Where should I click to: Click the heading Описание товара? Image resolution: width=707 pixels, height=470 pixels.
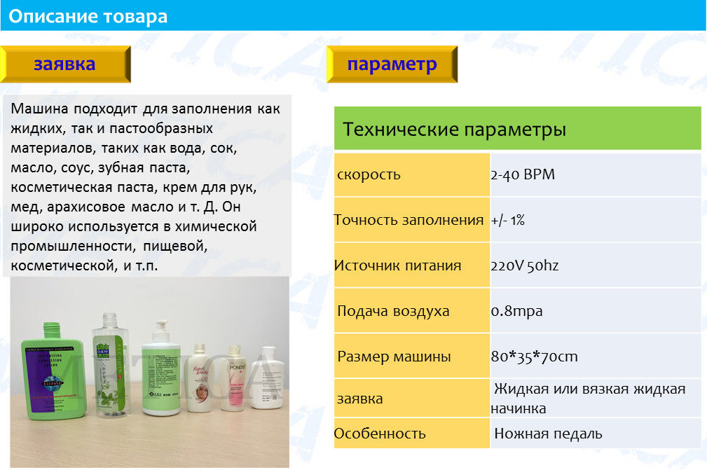tap(88, 16)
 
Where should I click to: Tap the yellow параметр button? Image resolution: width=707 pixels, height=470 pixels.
tap(392, 64)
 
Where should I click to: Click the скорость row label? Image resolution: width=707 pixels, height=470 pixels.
tap(369, 175)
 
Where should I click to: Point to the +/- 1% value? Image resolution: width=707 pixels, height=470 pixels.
tap(508, 221)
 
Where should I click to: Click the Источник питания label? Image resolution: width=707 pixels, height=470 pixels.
tap(398, 265)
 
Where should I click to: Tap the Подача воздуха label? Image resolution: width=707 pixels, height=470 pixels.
tap(393, 312)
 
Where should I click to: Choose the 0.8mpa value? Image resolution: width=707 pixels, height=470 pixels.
tap(516, 312)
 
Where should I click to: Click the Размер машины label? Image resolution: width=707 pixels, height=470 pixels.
tap(394, 357)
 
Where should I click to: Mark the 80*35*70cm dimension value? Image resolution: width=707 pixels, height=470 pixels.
tap(535, 357)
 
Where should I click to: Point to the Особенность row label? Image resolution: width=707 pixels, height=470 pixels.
tap(380, 434)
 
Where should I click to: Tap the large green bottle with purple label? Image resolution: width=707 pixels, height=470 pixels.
tap(53, 372)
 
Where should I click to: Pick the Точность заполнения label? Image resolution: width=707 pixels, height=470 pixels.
tap(409, 221)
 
